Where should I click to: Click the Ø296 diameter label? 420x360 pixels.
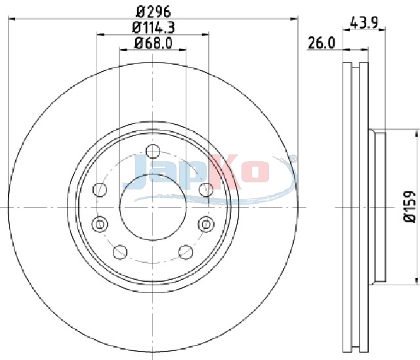(x=153, y=12)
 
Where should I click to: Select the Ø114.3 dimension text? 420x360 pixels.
(x=153, y=28)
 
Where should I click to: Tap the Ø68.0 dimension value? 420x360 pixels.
(x=153, y=43)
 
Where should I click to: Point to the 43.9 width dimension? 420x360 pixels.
(x=364, y=22)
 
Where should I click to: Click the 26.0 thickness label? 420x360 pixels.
(x=321, y=43)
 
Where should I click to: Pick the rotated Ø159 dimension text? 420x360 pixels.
(x=409, y=207)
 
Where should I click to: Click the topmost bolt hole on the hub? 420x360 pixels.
(x=153, y=151)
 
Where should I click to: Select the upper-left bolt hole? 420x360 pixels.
(x=100, y=190)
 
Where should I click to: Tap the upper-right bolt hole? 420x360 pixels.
(x=206, y=190)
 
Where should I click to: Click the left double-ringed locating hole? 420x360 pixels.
(x=100, y=224)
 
